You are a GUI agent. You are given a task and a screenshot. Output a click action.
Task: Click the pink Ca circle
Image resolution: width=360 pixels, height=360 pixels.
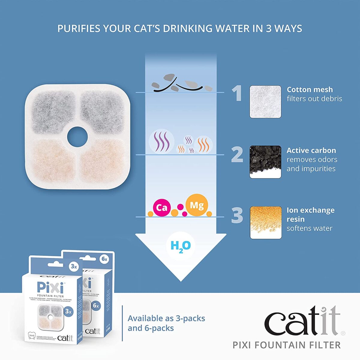click(162, 208)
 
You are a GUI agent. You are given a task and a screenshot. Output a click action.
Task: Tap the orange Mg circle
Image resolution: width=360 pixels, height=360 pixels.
click(196, 205)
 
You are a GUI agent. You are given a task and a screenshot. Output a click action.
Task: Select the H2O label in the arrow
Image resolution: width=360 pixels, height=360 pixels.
click(181, 246)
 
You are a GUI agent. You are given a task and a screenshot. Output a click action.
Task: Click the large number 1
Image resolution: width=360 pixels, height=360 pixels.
click(237, 93)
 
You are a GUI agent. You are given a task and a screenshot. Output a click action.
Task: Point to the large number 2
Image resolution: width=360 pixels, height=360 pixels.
click(237, 154)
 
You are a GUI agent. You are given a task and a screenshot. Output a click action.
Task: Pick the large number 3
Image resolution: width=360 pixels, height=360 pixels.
click(237, 215)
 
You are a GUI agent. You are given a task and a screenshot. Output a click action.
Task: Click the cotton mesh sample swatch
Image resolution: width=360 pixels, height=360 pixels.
click(265, 102)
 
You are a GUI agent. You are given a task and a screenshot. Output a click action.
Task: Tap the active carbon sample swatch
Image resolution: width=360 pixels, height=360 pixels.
click(265, 162)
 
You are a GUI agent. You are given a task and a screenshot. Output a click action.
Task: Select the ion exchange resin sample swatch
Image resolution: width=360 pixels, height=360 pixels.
click(265, 223)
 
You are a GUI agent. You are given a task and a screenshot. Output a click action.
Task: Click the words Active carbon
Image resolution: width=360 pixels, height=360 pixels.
click(311, 150)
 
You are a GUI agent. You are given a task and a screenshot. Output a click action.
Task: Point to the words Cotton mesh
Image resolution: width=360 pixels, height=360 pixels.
click(310, 89)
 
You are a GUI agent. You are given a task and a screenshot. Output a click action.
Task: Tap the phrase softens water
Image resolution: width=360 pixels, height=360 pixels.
click(309, 228)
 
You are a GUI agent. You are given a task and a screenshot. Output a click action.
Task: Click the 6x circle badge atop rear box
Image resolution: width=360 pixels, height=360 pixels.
click(104, 259)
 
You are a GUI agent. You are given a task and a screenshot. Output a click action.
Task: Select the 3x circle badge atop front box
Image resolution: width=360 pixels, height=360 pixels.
click(73, 266)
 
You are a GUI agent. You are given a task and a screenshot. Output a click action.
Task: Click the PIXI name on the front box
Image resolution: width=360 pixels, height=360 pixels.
click(50, 288)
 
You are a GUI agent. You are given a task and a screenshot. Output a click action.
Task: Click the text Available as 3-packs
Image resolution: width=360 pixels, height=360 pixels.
click(166, 318)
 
